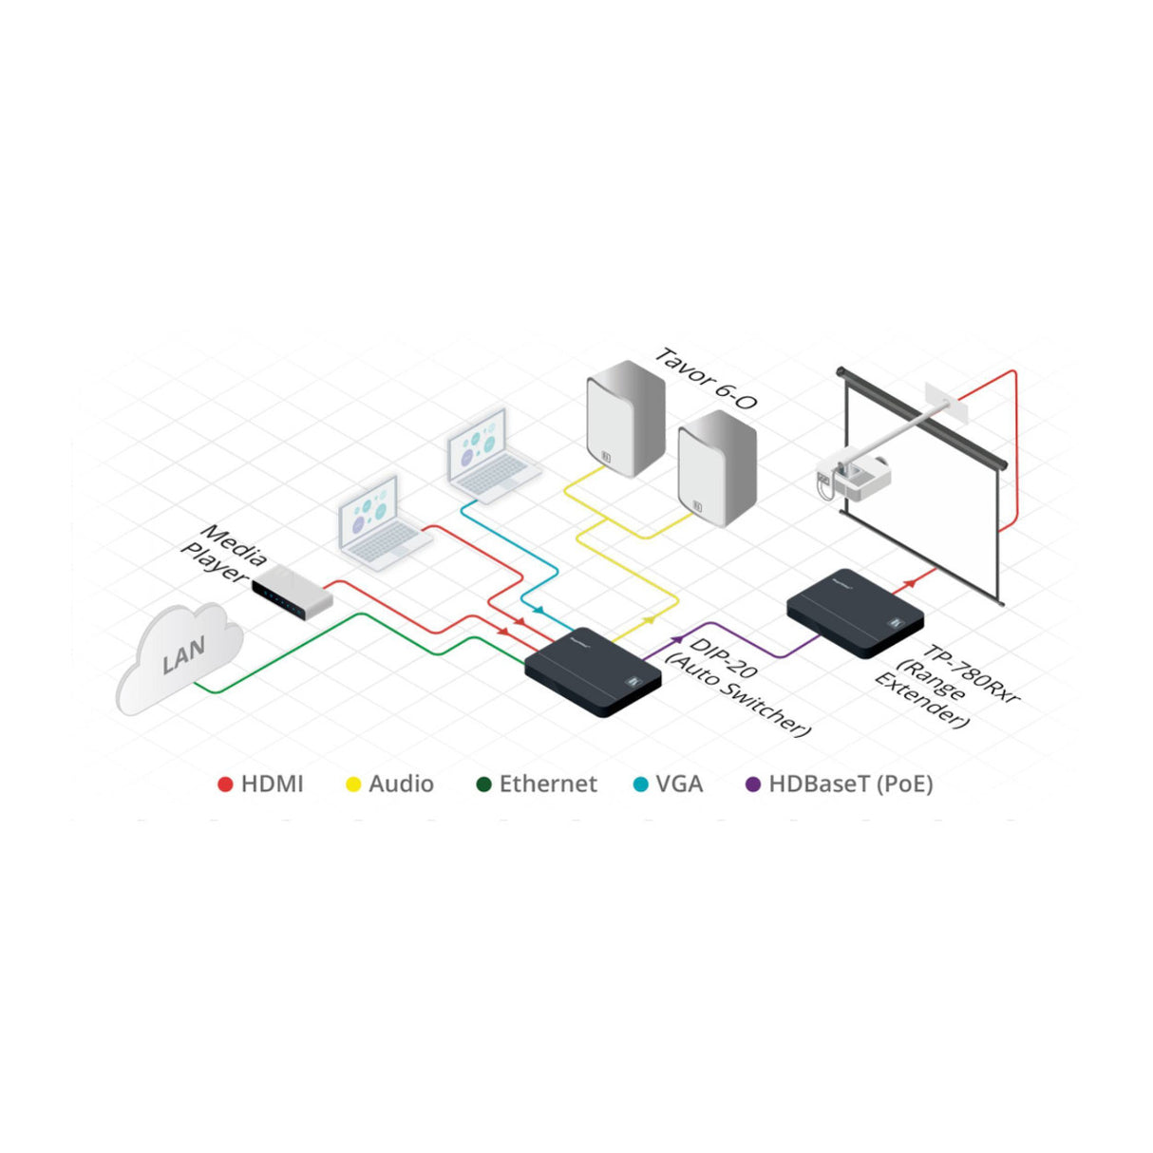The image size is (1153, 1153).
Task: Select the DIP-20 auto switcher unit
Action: [593, 672]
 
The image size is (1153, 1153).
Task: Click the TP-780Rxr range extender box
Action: [855, 614]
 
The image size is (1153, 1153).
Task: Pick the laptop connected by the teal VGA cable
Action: [492, 456]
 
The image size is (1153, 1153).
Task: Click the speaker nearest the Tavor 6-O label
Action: [625, 418]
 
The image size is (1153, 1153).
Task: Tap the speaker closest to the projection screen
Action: [717, 468]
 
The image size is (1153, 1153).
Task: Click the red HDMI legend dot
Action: [225, 784]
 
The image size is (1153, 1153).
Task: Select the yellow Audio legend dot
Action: [353, 784]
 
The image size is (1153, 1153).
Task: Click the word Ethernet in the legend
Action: [548, 784]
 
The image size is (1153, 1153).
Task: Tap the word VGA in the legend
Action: [679, 784]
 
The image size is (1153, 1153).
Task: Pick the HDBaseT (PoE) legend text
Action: [851, 784]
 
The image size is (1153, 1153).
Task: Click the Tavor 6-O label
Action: [706, 379]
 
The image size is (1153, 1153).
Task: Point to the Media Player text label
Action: [224, 554]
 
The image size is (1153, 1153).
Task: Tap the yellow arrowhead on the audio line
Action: [651, 620]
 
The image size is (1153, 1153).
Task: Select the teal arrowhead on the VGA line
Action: [539, 610]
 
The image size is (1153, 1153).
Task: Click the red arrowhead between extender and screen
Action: [910, 583]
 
